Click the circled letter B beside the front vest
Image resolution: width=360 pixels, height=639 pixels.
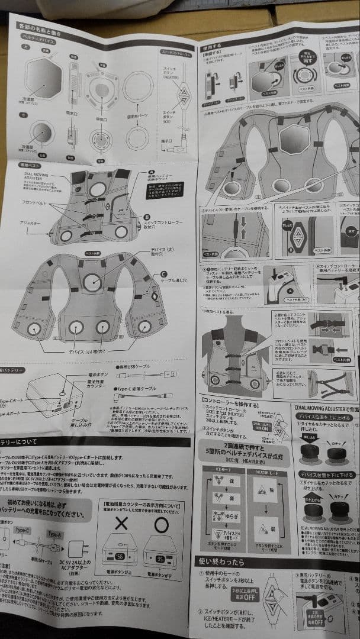(x=147, y=217)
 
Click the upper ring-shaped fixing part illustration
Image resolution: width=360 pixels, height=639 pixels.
(x=138, y=87)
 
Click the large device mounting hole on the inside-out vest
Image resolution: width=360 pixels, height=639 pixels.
(x=92, y=283)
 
